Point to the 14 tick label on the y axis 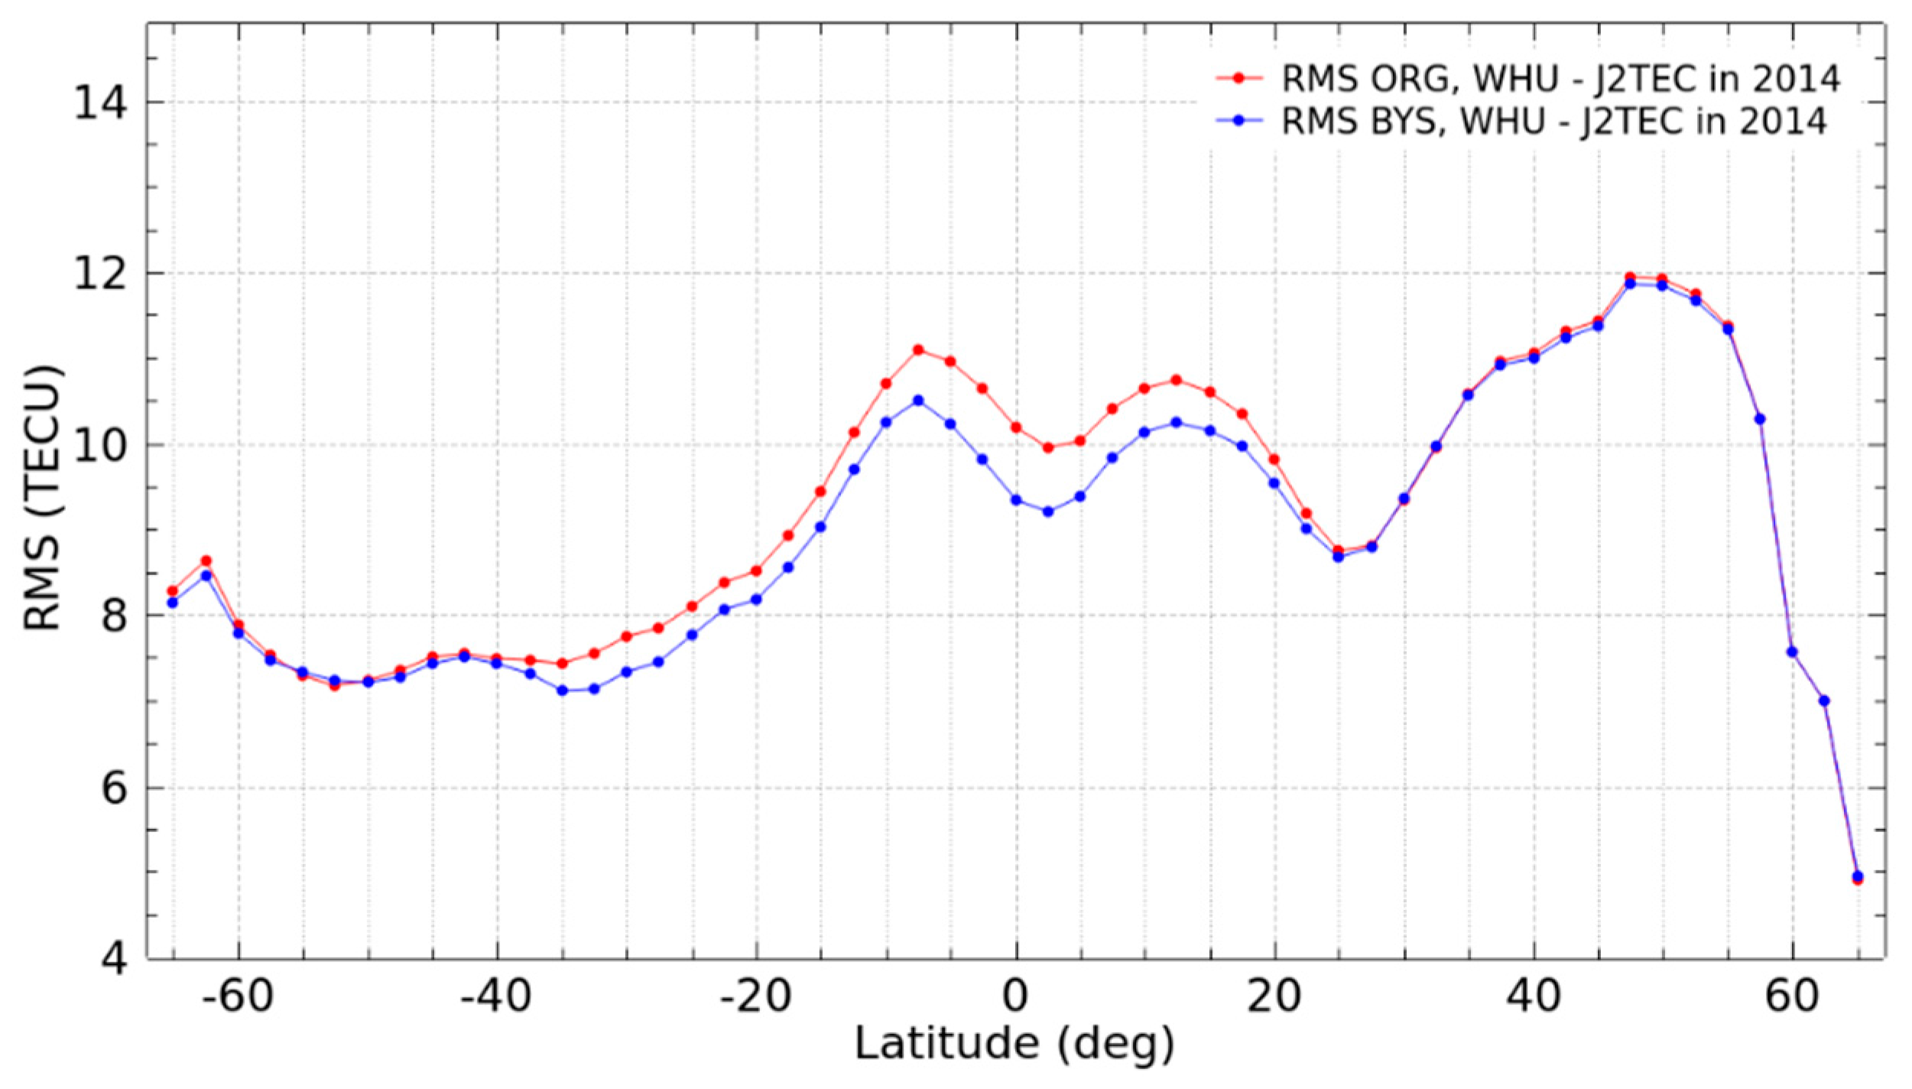tap(100, 102)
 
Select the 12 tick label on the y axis tap(100, 274)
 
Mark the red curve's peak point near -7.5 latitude tap(918, 350)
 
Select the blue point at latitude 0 tap(1016, 500)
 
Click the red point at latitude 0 tap(1016, 427)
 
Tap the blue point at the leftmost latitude tap(173, 603)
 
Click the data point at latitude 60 tap(1792, 652)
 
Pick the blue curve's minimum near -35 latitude tap(563, 691)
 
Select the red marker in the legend tap(1239, 78)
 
